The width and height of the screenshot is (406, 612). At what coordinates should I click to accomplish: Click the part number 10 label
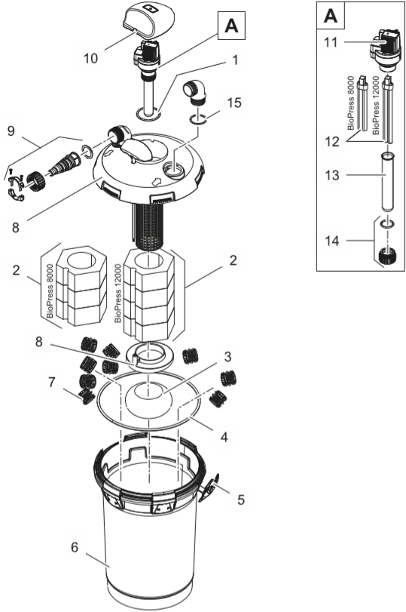click(x=91, y=58)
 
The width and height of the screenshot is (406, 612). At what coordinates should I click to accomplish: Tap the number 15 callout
click(x=234, y=103)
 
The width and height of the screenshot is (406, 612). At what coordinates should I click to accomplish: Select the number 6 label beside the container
click(x=75, y=547)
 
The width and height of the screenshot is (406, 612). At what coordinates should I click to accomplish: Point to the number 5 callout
click(x=241, y=500)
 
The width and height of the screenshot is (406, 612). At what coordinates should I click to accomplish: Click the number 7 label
click(x=52, y=382)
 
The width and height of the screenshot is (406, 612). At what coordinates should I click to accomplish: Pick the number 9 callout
click(x=11, y=131)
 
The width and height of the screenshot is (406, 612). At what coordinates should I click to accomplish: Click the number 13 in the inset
click(x=332, y=175)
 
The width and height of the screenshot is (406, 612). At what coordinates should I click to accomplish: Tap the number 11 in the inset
click(x=331, y=42)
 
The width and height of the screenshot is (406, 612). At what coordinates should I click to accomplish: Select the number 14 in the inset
click(x=332, y=241)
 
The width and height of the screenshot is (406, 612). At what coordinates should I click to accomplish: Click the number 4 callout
click(x=224, y=437)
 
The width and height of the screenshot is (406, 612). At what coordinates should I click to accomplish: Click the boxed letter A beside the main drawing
click(x=231, y=26)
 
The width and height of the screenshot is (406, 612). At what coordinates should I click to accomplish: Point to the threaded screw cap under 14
click(x=387, y=256)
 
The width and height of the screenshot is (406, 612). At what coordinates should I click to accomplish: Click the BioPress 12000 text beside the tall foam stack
click(x=118, y=293)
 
